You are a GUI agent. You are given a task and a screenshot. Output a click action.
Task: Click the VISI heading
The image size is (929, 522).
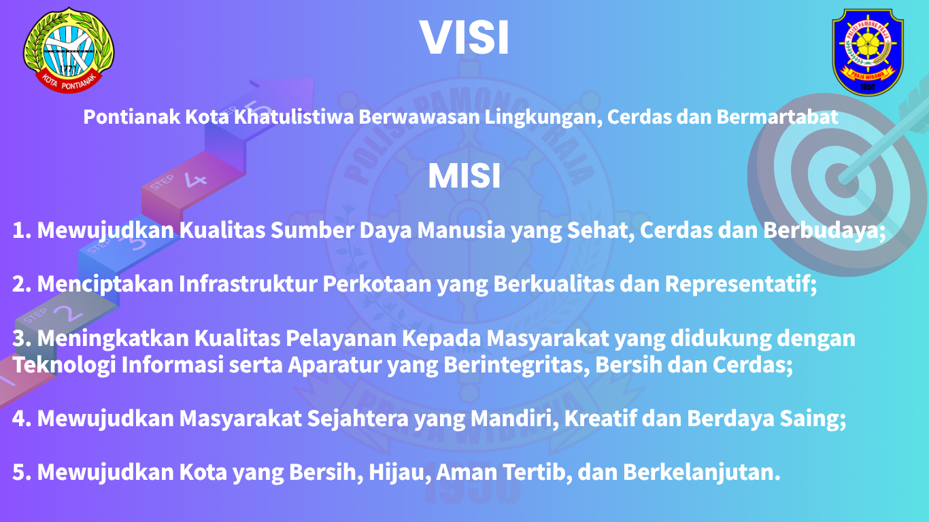464,37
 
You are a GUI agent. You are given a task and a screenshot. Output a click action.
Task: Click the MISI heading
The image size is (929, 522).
464,176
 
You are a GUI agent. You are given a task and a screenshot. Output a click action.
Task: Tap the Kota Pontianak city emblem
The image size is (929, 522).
69,50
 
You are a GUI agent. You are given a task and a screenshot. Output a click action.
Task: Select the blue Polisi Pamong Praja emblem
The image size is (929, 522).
868,52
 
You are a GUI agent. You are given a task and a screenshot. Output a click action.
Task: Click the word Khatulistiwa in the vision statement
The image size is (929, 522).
294,117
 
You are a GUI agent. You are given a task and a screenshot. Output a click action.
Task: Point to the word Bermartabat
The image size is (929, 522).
777,117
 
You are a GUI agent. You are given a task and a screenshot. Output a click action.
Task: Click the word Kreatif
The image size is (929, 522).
600,419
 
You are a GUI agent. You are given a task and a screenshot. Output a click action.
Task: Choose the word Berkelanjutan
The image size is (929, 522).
702,472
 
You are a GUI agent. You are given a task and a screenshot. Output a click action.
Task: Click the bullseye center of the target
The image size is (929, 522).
842,179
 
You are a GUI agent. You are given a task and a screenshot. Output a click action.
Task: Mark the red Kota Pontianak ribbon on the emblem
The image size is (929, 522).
69,82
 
